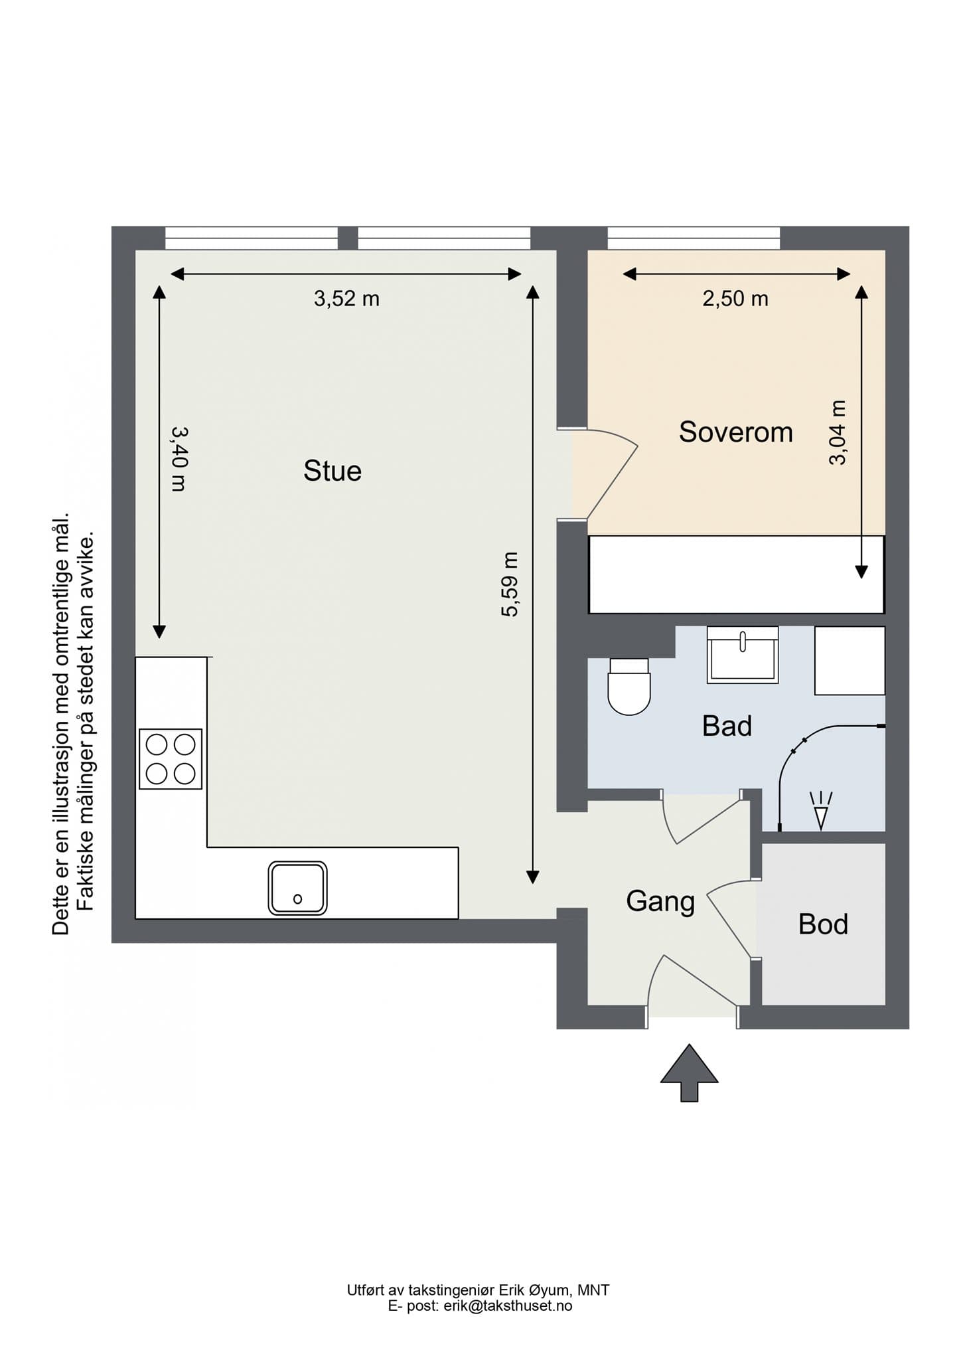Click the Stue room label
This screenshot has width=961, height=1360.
point(333,471)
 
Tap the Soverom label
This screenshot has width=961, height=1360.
point(736,432)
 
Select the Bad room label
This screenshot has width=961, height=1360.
point(727,726)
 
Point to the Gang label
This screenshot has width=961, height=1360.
point(660,902)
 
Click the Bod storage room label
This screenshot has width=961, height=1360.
point(823,924)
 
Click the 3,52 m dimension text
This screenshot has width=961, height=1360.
point(346,299)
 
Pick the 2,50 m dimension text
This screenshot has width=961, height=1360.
point(735,299)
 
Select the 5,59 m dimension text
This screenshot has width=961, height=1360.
point(510,584)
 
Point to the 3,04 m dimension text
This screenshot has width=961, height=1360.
point(838,432)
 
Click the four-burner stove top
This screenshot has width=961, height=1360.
point(171,759)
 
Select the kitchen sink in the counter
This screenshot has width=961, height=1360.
point(297,888)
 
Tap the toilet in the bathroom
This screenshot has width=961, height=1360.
point(629,686)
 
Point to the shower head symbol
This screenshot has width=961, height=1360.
point(821,811)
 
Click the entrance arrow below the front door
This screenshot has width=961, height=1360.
point(689,1072)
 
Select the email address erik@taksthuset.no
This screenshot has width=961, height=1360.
point(508,1306)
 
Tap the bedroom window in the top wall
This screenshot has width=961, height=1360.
point(694,238)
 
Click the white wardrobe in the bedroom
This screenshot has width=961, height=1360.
point(737,574)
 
